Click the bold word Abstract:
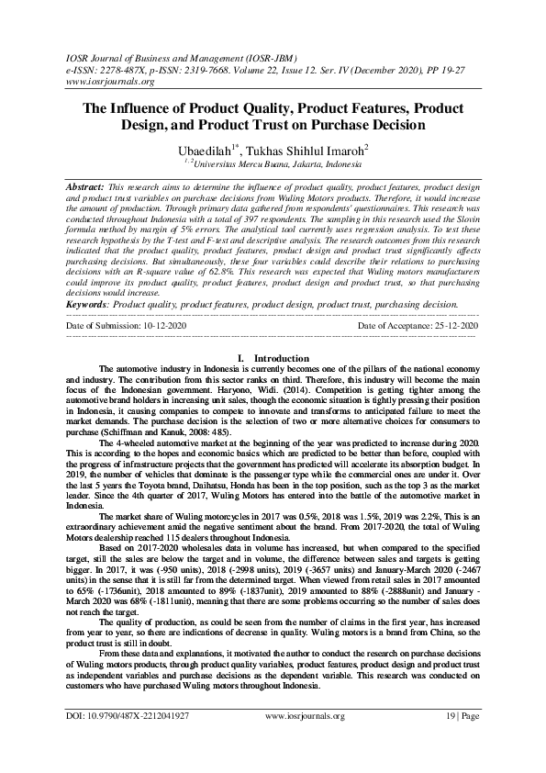click(x=88, y=185)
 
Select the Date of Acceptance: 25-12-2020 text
click(x=418, y=352)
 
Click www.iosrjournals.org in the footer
click(x=305, y=741)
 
